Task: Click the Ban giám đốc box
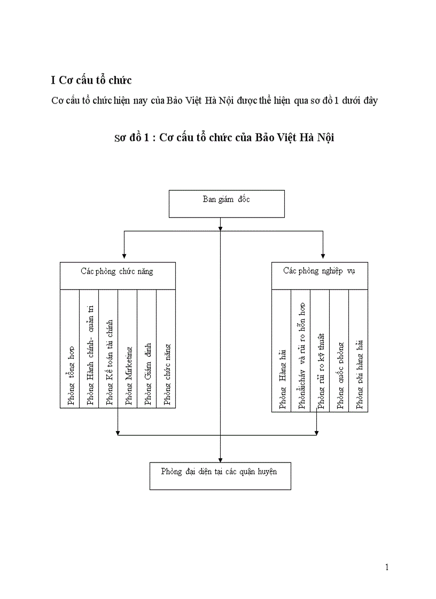click(x=226, y=204)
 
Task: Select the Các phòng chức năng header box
click(x=117, y=275)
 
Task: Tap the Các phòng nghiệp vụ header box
click(x=319, y=275)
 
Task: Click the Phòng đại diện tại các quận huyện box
click(x=220, y=475)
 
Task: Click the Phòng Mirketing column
click(x=128, y=376)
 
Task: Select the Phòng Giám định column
click(x=147, y=373)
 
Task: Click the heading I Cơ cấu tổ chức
click(x=91, y=80)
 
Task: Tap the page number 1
click(x=386, y=567)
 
